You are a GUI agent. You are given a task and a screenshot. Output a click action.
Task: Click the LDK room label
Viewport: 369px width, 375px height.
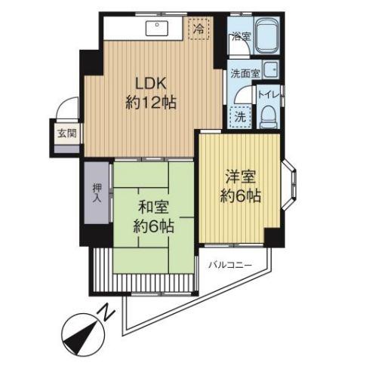point(151,84)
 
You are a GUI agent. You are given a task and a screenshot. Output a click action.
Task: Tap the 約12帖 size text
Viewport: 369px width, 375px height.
point(151,103)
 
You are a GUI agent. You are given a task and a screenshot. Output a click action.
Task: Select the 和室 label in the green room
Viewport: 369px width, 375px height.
point(153,207)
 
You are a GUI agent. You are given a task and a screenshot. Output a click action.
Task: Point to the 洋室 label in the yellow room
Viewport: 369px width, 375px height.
point(241,177)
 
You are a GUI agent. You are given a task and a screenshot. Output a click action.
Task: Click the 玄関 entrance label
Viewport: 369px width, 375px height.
point(67,134)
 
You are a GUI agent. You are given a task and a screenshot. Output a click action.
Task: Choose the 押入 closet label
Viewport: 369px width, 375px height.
point(97,193)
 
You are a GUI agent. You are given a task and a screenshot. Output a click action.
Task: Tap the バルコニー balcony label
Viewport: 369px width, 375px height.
point(230,265)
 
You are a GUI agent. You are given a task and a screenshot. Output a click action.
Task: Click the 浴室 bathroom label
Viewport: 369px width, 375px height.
point(241,37)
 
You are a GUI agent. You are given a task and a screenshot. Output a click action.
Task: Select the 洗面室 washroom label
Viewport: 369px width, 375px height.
point(245,74)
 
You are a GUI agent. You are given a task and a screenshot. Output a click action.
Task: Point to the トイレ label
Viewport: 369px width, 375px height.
point(269,95)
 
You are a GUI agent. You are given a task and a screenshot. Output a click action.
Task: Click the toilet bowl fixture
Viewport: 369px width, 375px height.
point(268,117)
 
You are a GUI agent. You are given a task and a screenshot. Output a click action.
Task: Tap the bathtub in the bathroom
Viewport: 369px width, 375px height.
point(267,35)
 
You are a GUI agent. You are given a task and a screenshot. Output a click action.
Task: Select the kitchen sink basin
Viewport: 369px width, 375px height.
point(157,28)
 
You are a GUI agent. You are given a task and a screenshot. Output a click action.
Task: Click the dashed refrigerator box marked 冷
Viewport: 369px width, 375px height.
point(199,29)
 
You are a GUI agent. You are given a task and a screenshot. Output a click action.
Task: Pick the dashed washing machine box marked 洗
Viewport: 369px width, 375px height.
point(241,117)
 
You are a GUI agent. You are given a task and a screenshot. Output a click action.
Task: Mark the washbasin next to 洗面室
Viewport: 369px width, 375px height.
point(271,69)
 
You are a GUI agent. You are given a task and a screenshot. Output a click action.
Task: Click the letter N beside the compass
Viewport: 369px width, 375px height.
point(106,312)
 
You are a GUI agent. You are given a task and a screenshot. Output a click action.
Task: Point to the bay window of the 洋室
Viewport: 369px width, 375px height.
point(289,185)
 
